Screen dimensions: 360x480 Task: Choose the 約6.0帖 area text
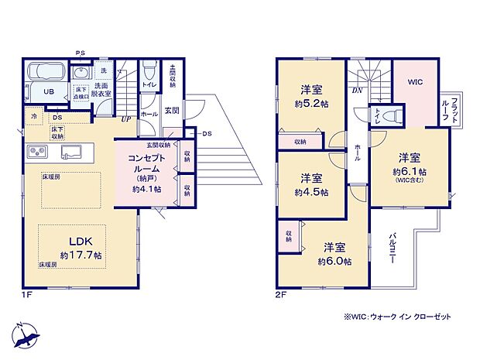pos(335,262)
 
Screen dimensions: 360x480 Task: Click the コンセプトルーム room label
pos(142,163)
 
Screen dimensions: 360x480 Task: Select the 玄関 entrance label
pos(172,111)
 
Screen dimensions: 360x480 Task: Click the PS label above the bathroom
pos(81,53)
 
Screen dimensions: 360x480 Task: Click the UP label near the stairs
pos(125,120)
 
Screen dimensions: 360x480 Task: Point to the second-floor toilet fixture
pos(393,115)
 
